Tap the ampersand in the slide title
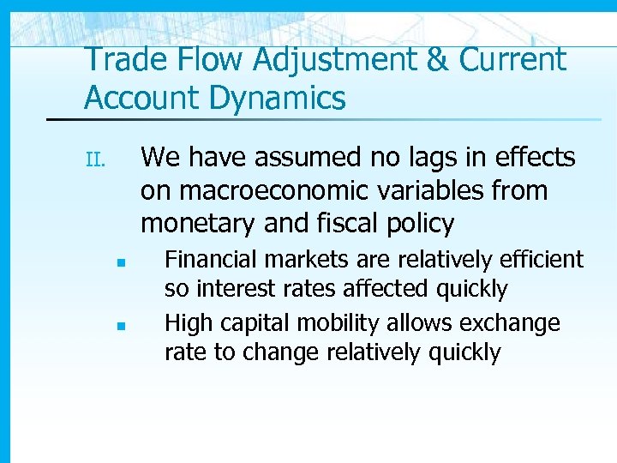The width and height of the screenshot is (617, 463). coord(437,60)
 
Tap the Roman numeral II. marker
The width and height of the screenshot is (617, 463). coord(94,159)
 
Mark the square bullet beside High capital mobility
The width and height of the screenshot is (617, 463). coord(123,326)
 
